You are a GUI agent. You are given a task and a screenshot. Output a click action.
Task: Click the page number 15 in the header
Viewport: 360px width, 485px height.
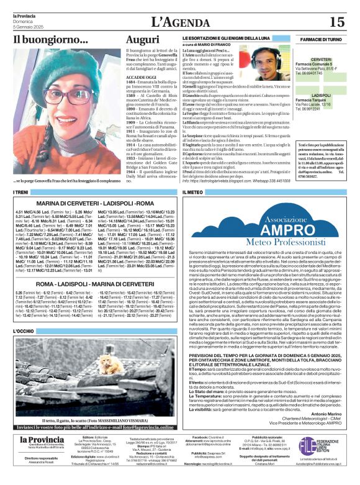click(x=336, y=21)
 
